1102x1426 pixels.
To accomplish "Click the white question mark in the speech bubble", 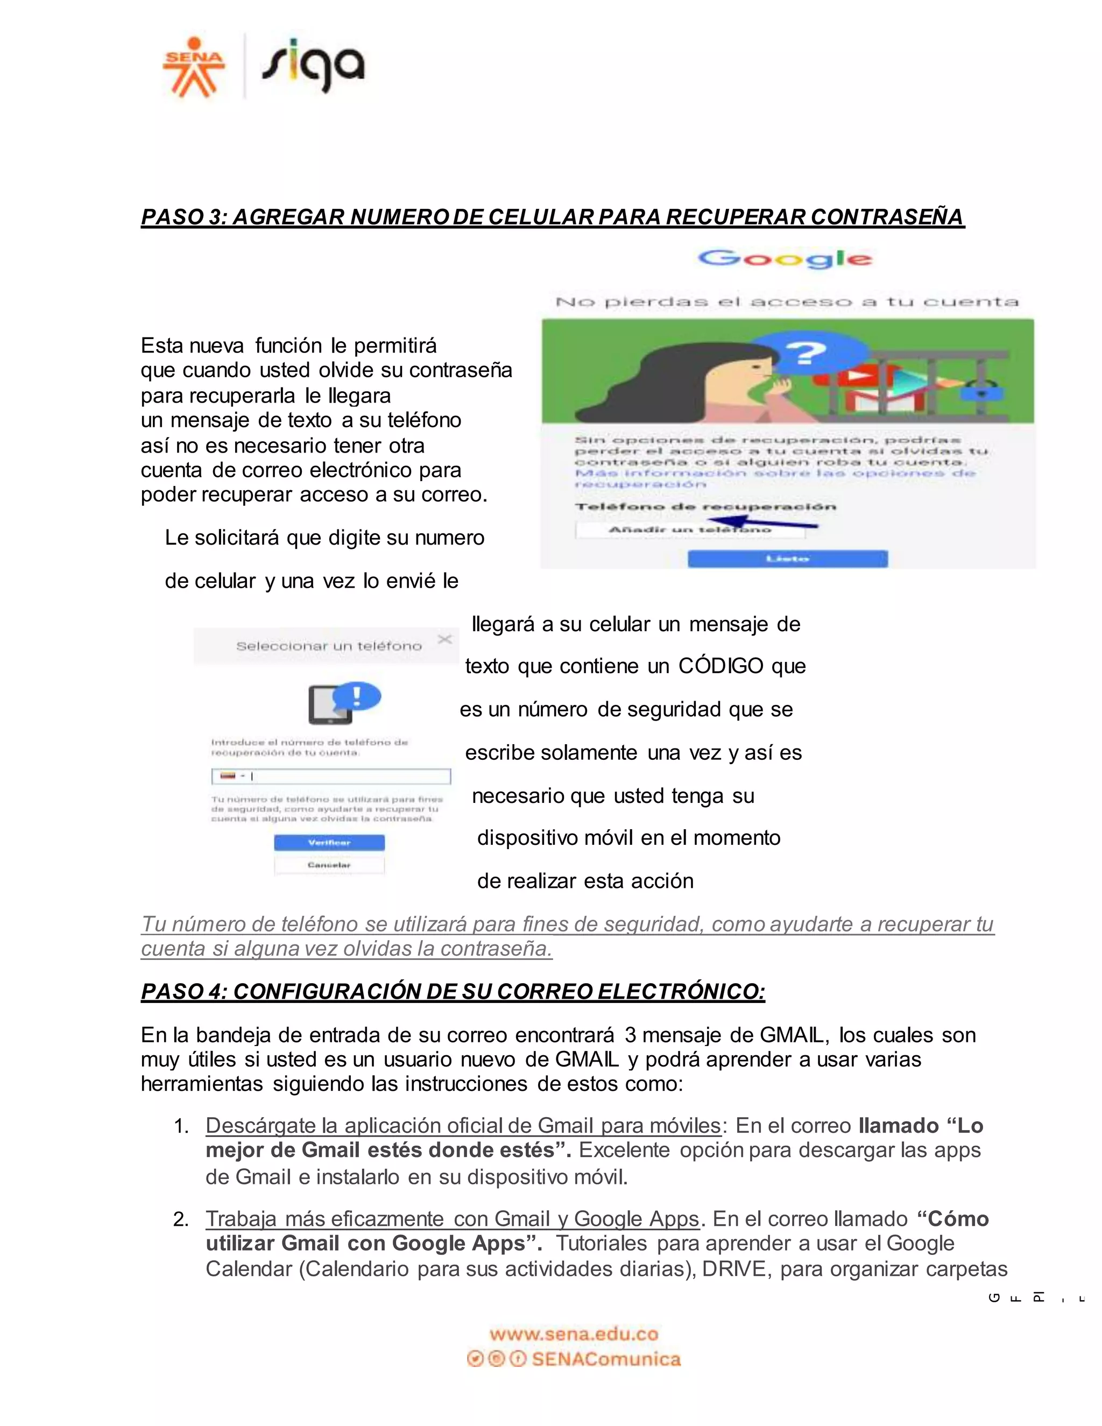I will point(806,353).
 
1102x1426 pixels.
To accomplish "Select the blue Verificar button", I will point(329,843).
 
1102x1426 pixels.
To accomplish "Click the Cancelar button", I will point(329,865).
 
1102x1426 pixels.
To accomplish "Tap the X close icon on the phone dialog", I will point(444,639).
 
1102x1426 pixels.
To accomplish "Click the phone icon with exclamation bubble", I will point(343,703).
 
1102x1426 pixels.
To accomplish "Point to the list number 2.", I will point(181,1219).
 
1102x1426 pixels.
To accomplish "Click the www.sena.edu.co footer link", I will point(574,1334).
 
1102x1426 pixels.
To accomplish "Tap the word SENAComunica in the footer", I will point(606,1359).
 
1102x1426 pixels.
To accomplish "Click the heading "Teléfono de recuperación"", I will point(705,507).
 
